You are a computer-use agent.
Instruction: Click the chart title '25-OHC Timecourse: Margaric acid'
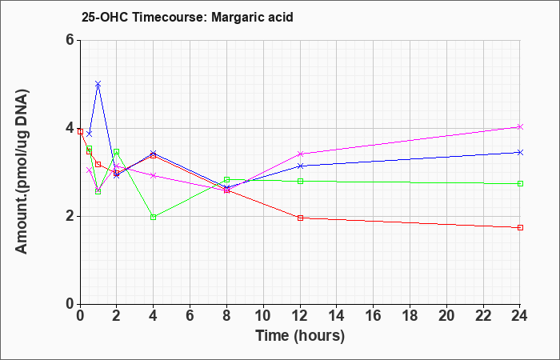click(x=187, y=17)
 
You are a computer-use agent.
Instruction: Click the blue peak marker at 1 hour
click(x=98, y=84)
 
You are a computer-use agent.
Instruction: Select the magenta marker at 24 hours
click(x=520, y=126)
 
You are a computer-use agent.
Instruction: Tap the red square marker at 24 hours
click(x=520, y=227)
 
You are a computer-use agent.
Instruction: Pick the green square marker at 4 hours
click(x=154, y=217)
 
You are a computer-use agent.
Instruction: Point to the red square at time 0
click(x=80, y=131)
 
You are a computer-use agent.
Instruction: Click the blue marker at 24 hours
click(x=520, y=153)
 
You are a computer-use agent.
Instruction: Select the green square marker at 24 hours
click(x=520, y=183)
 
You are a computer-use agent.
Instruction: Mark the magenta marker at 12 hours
click(x=300, y=154)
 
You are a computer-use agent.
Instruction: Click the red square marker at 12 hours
click(x=300, y=218)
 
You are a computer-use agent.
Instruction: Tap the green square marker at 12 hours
click(x=300, y=181)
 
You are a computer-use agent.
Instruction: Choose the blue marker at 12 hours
click(x=300, y=166)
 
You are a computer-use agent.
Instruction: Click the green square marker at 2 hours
click(x=117, y=152)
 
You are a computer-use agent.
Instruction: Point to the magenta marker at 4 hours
click(x=154, y=176)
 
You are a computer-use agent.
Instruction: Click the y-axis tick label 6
click(x=70, y=40)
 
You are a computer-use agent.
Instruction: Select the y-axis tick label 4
click(x=70, y=128)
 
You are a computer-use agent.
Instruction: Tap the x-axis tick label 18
click(x=410, y=316)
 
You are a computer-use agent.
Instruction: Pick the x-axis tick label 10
click(x=263, y=316)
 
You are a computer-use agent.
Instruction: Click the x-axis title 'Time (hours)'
click(x=300, y=336)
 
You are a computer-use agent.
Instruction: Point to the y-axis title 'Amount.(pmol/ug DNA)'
click(x=22, y=171)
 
